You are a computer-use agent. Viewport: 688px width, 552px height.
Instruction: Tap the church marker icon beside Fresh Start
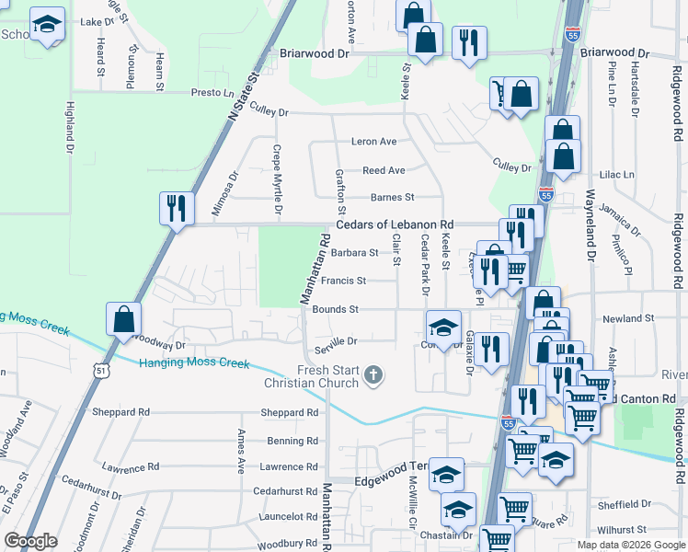tap(373, 374)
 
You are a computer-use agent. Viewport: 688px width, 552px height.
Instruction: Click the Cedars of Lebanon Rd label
tap(395, 224)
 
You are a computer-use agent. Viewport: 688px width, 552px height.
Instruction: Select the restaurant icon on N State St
tap(174, 208)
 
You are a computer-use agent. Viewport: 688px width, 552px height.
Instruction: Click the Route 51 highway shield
tap(99, 369)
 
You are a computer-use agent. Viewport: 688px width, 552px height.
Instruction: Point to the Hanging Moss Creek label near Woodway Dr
tap(194, 362)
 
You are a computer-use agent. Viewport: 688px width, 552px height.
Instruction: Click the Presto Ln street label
tap(212, 93)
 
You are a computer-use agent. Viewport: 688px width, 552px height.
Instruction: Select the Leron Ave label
tap(373, 142)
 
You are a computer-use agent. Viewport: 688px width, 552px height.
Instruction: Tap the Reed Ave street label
tap(384, 170)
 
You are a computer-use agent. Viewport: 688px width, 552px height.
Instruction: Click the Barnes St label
tap(393, 197)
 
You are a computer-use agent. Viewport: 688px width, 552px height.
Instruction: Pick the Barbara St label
tap(355, 252)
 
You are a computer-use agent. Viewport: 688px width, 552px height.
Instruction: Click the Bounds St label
tap(335, 310)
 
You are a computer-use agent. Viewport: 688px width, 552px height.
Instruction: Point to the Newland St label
tap(629, 318)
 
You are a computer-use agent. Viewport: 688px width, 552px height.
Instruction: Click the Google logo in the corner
tap(30, 541)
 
